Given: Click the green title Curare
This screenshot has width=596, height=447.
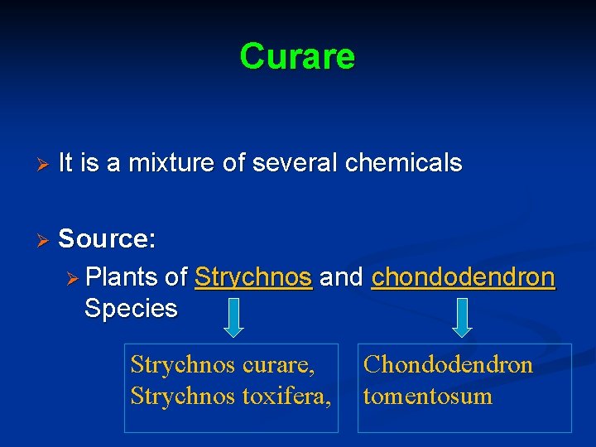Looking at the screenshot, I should point(297,56).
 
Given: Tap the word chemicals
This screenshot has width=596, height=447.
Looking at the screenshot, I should point(403,164).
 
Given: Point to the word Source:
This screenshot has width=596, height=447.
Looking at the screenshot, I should point(107,239).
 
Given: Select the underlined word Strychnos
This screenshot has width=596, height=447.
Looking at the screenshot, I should point(253,277).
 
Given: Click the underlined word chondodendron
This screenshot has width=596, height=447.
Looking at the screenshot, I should point(464,277).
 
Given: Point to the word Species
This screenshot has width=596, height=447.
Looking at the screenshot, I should point(131,309).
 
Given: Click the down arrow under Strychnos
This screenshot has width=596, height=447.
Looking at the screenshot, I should point(234,318).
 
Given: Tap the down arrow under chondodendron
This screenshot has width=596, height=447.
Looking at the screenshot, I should point(463,318).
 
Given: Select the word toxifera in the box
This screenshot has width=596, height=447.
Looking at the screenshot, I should point(286,397).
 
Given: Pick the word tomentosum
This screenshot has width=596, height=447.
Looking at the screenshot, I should point(427,397).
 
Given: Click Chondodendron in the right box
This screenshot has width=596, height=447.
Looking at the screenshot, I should point(448,365).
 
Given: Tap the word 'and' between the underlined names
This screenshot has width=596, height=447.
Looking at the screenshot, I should point(342,277).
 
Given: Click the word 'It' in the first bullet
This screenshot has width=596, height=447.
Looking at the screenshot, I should point(66,164).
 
